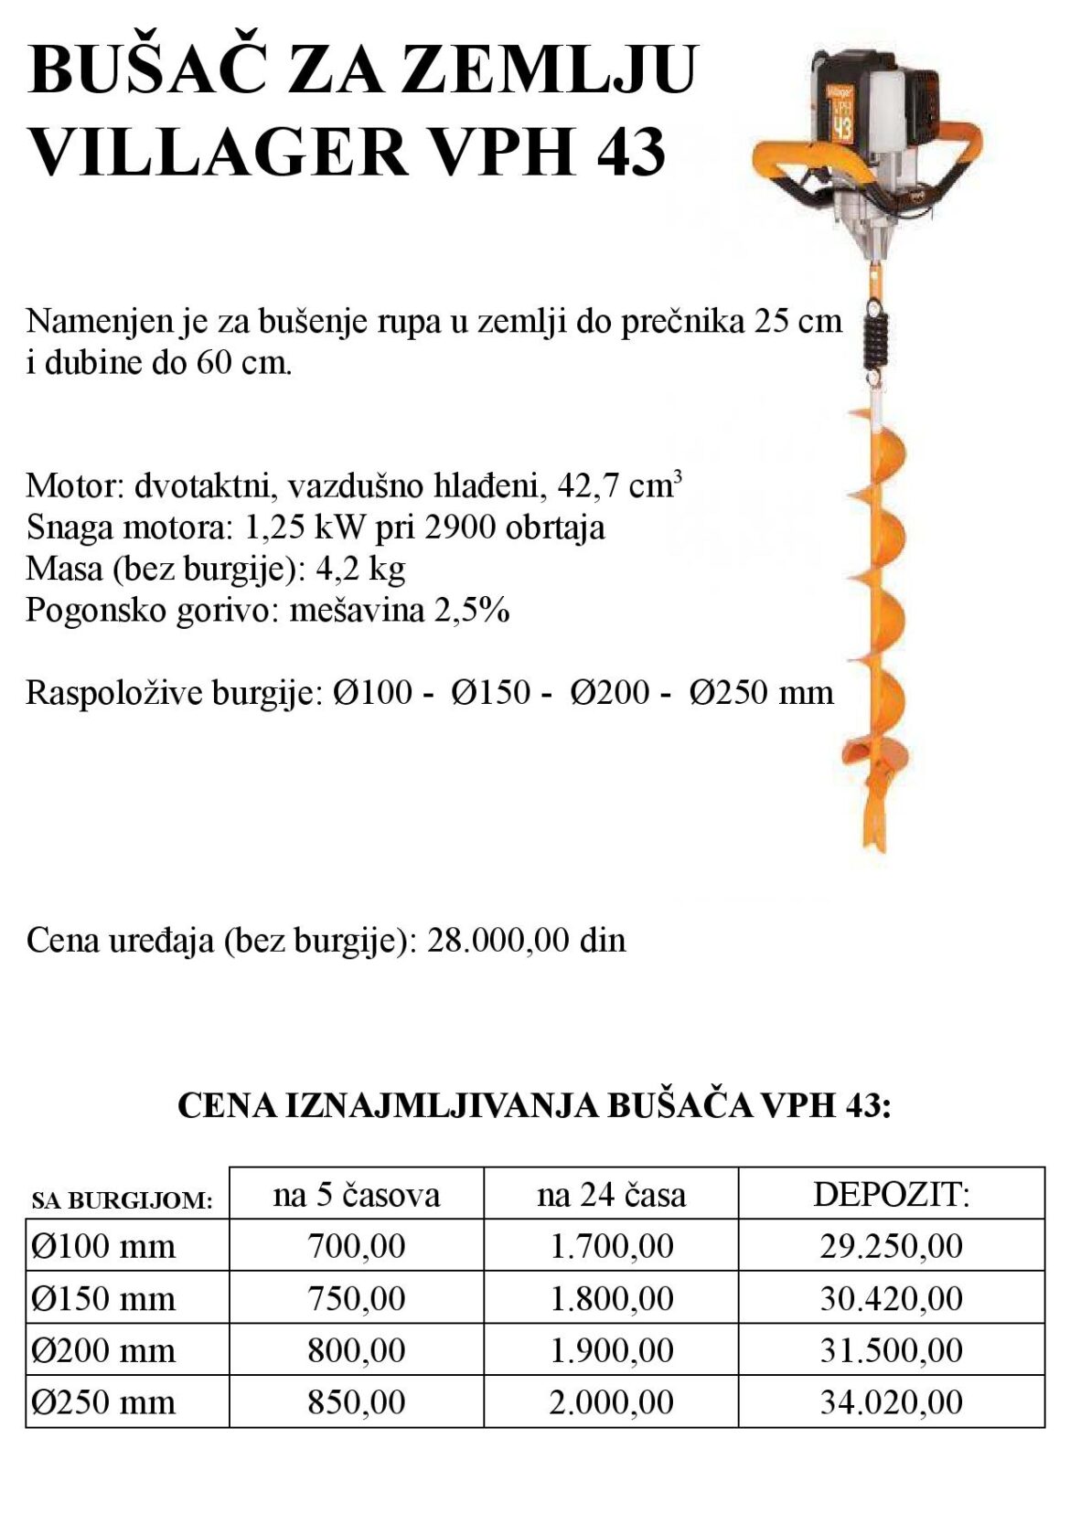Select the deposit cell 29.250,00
891,1246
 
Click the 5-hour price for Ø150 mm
356,1298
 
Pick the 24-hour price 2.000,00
611,1401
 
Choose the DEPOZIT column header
891,1195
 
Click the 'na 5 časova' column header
356,1195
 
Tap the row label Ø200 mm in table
102,1350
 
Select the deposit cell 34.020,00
891,1401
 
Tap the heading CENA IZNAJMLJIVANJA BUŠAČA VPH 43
534,1105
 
